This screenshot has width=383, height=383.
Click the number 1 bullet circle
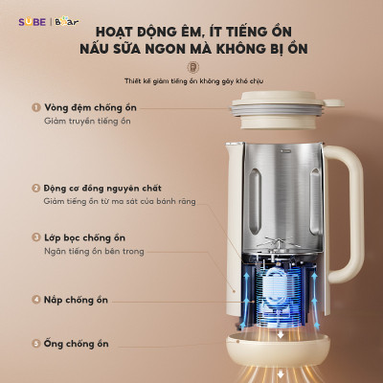click(x=35, y=108)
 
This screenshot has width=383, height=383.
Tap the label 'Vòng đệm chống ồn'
click(x=88, y=108)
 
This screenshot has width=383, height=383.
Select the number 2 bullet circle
click(x=35, y=189)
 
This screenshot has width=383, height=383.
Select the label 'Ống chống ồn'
click(x=76, y=343)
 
